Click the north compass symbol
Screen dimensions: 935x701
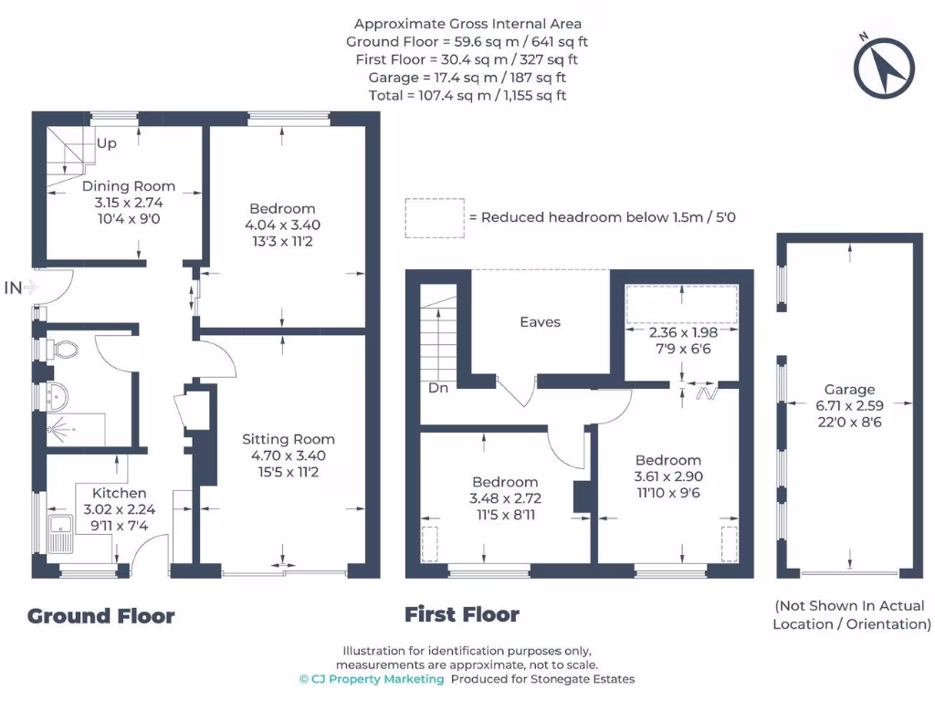point(884,68)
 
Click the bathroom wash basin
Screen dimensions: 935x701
point(58,397)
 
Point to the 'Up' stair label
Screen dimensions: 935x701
point(107,143)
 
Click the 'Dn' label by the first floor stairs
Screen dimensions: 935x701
point(438,388)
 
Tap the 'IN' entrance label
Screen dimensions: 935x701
point(13,288)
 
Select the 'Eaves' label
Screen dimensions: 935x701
point(541,322)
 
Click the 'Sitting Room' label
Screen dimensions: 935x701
point(289,439)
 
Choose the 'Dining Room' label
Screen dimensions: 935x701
point(129,186)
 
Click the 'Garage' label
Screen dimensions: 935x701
point(850,390)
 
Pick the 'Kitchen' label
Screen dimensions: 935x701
point(120,493)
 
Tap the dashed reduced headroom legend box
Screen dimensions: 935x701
point(435,219)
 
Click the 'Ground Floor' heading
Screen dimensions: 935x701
point(101,616)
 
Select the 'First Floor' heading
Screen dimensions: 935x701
point(462,614)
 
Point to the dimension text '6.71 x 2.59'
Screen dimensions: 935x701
point(850,406)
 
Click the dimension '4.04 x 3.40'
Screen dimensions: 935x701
point(283,225)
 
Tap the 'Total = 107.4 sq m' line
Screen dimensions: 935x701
point(467,95)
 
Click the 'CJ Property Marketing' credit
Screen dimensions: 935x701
point(373,679)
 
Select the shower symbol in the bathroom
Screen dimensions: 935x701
point(61,429)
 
